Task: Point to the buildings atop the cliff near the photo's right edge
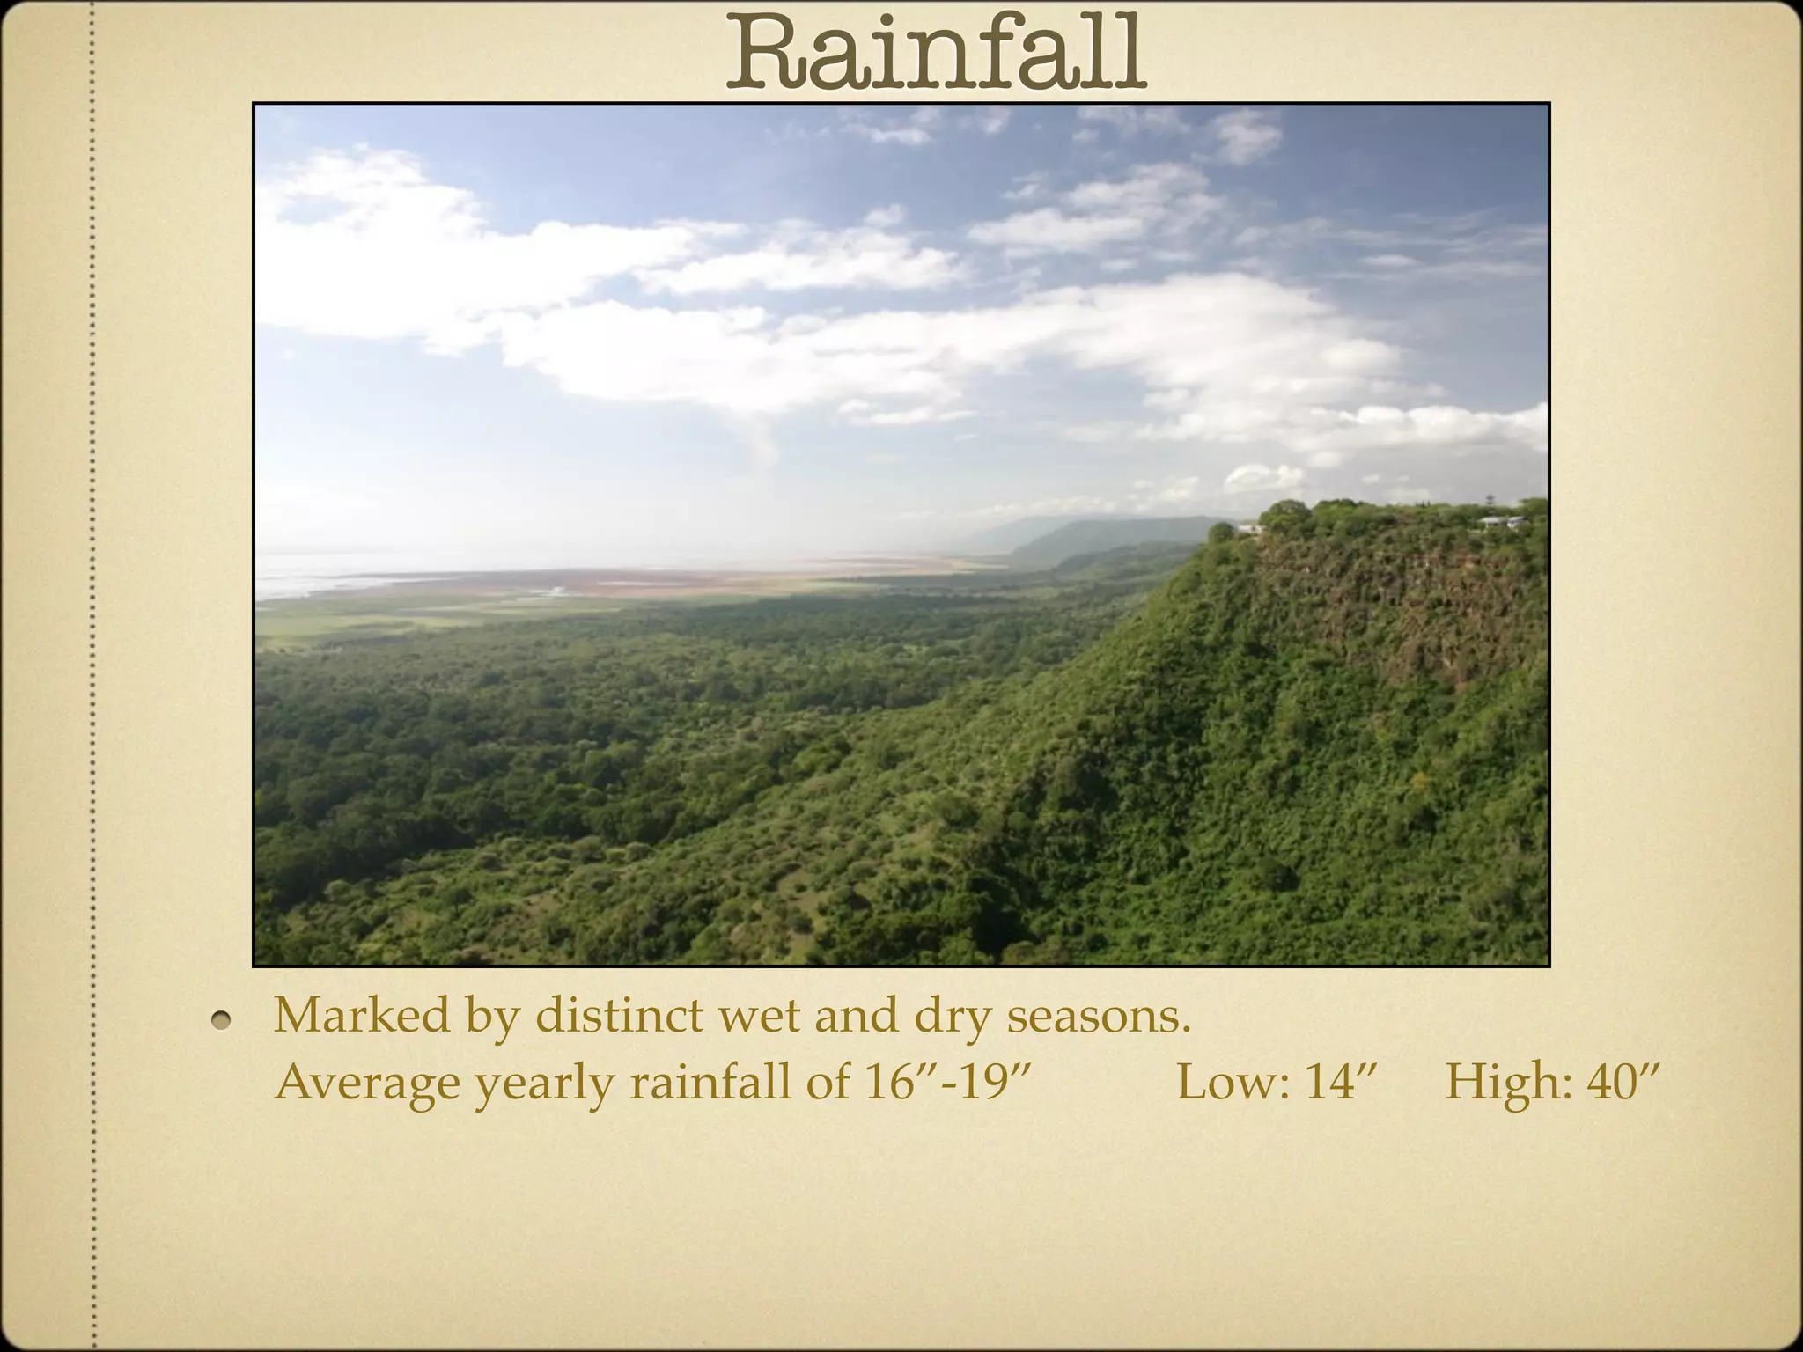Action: point(1500,523)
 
